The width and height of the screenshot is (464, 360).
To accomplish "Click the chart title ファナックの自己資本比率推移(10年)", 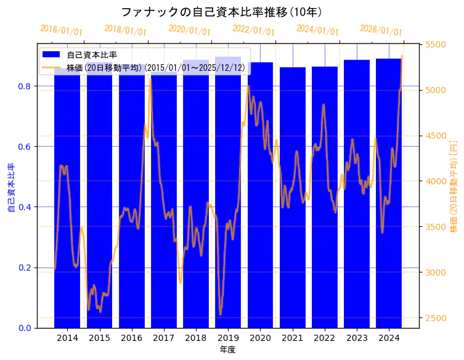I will coord(221,12).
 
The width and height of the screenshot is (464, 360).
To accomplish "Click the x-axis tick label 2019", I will coord(228,338).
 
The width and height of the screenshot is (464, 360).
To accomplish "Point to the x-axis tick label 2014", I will coord(67,338).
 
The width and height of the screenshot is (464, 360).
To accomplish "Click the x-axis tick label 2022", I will coord(324,338).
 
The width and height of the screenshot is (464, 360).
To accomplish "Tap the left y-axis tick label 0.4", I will coord(25,207).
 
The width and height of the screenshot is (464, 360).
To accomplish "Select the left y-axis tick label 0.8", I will coord(25,86).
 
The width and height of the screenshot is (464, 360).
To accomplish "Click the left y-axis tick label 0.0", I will coord(25,328).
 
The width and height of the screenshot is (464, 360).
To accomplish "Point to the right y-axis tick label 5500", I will coord(436,44).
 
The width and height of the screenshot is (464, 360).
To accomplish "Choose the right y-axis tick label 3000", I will coord(436,272).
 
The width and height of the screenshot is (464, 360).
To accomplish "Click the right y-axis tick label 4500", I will coord(436,136).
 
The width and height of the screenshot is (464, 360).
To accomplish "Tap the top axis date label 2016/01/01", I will coord(61,30).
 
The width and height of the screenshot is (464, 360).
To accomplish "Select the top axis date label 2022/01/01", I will coord(253,30).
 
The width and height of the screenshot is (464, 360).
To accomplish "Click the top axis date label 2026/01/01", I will coord(381,30).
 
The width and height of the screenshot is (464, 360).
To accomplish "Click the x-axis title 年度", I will coord(227,350).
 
